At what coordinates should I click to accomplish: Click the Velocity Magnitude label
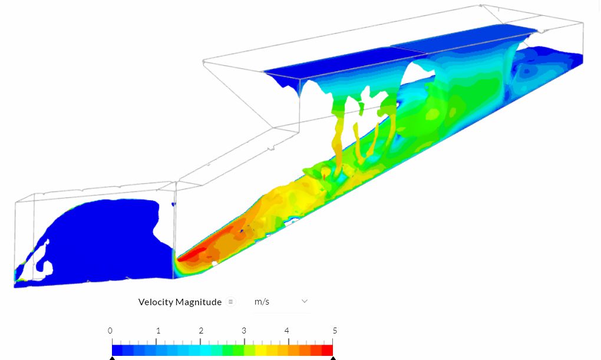click(x=180, y=302)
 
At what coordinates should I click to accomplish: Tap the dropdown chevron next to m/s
click(x=305, y=301)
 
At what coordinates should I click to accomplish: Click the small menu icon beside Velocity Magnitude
click(x=231, y=302)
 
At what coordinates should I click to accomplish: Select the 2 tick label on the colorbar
click(x=201, y=331)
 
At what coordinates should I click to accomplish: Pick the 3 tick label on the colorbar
click(x=244, y=331)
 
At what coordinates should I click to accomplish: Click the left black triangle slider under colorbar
click(x=112, y=358)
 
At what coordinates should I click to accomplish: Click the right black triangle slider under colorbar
click(x=333, y=358)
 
